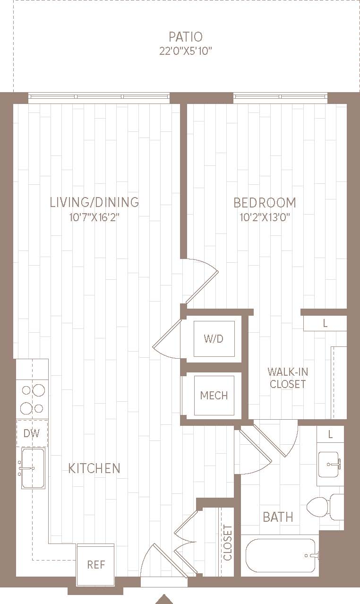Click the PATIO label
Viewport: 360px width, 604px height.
(x=186, y=36)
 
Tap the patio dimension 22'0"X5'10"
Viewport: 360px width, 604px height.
(x=186, y=51)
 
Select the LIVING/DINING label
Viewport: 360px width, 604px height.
(x=94, y=202)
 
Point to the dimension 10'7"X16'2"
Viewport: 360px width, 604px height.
(x=94, y=217)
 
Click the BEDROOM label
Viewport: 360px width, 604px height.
(x=265, y=203)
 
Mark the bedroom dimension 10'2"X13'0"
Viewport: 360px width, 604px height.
(x=265, y=217)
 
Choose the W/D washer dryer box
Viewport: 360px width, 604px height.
(x=214, y=339)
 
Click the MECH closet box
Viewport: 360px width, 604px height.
(x=214, y=395)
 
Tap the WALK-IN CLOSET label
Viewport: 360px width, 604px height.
(x=288, y=378)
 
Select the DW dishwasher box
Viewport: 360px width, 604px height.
(x=32, y=433)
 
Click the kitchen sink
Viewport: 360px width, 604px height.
(x=33, y=468)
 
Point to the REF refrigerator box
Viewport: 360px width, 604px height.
(x=96, y=564)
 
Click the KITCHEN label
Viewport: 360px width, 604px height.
(x=94, y=468)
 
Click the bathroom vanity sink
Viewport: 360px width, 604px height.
(x=330, y=465)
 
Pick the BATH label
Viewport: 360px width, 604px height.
(x=278, y=517)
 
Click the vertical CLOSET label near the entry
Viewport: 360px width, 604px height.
(x=228, y=542)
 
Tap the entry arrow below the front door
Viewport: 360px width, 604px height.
(x=164, y=599)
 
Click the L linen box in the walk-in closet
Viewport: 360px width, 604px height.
(x=325, y=324)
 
